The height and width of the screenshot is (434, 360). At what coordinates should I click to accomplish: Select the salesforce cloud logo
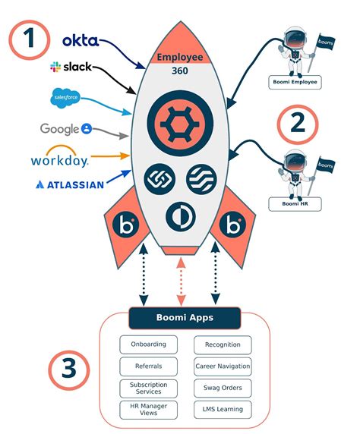point(65,97)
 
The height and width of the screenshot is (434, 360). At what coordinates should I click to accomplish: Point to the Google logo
point(66,129)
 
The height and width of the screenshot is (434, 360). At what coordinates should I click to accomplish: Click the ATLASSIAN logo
point(69,184)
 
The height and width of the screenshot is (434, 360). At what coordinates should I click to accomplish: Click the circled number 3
point(71,370)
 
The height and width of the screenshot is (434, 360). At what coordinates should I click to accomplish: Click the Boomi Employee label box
point(295,81)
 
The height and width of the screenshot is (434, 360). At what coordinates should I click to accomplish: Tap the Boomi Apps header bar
point(185,317)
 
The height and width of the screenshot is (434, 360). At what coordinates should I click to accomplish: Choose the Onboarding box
point(148,345)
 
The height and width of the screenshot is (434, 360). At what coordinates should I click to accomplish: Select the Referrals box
point(148,366)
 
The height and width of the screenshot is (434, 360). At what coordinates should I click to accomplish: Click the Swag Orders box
point(223,388)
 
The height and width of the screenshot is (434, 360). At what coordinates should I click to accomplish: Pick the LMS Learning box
point(223,410)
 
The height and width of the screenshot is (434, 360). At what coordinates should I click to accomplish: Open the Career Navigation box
point(223,366)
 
